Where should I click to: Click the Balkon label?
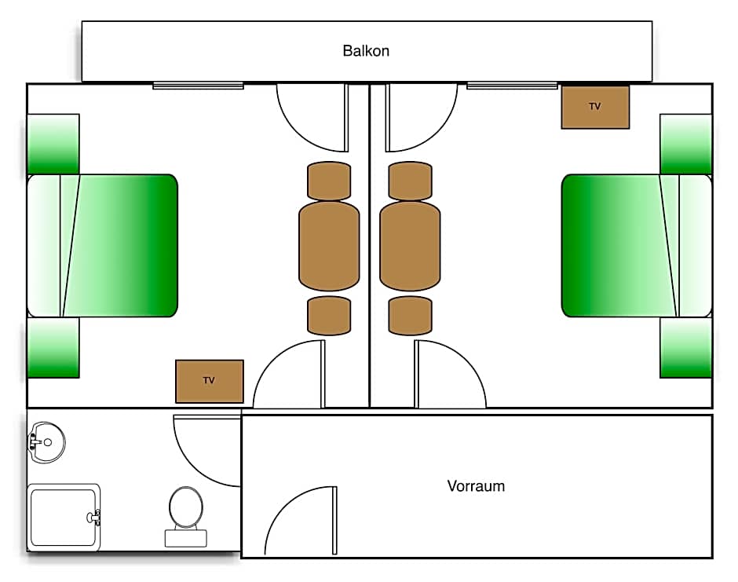(x=366, y=51)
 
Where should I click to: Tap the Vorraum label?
(x=476, y=485)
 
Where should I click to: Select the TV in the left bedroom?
(x=209, y=381)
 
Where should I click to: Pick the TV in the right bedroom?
(x=595, y=107)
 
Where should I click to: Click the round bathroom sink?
(x=47, y=442)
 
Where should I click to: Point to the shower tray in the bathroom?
(x=63, y=517)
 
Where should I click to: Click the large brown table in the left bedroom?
(x=329, y=245)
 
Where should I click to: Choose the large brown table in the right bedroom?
(x=410, y=245)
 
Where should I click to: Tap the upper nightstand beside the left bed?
(x=53, y=144)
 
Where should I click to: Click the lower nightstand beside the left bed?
(x=53, y=347)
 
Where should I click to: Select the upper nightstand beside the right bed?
(x=685, y=144)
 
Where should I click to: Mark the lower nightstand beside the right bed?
(x=685, y=347)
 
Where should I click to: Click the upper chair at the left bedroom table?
(x=329, y=181)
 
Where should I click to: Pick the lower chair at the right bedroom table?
(x=410, y=315)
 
